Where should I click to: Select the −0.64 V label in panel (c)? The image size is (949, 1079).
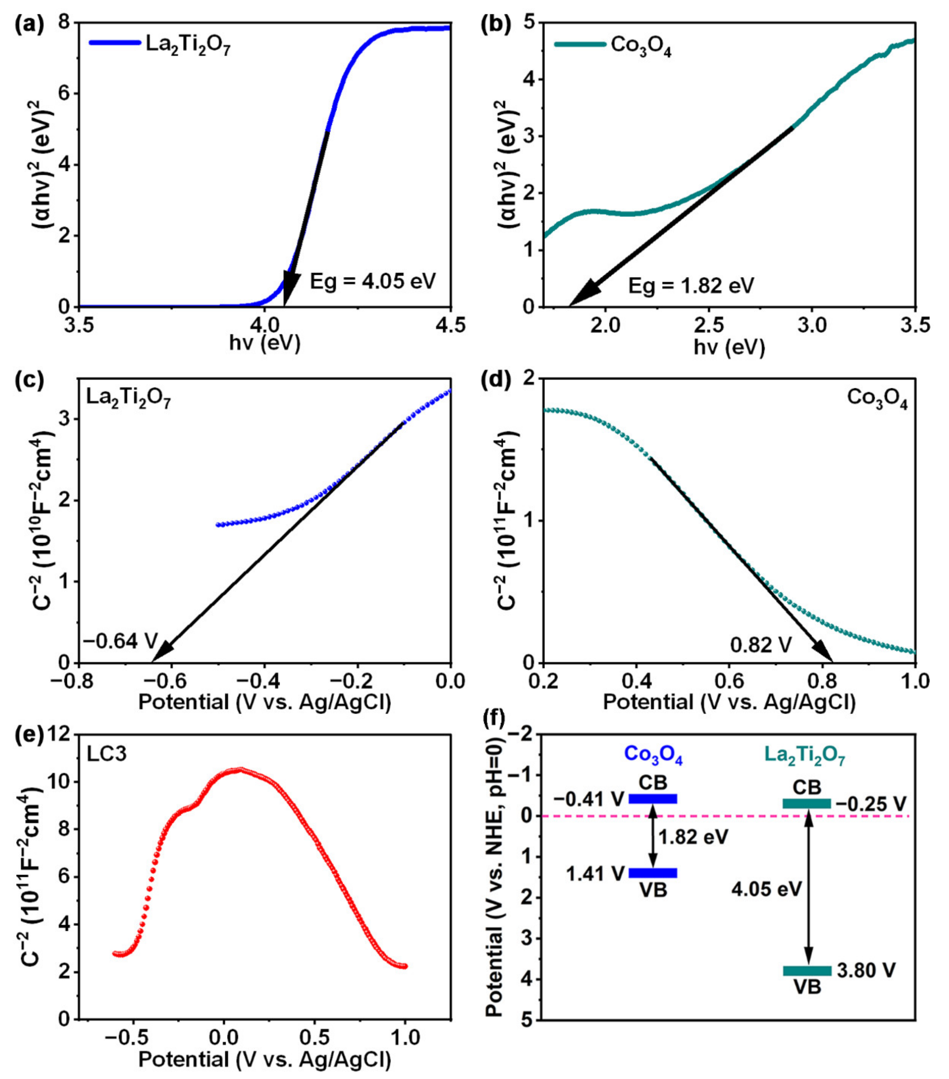click(120, 641)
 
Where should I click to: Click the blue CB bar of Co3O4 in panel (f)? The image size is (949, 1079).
click(653, 799)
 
